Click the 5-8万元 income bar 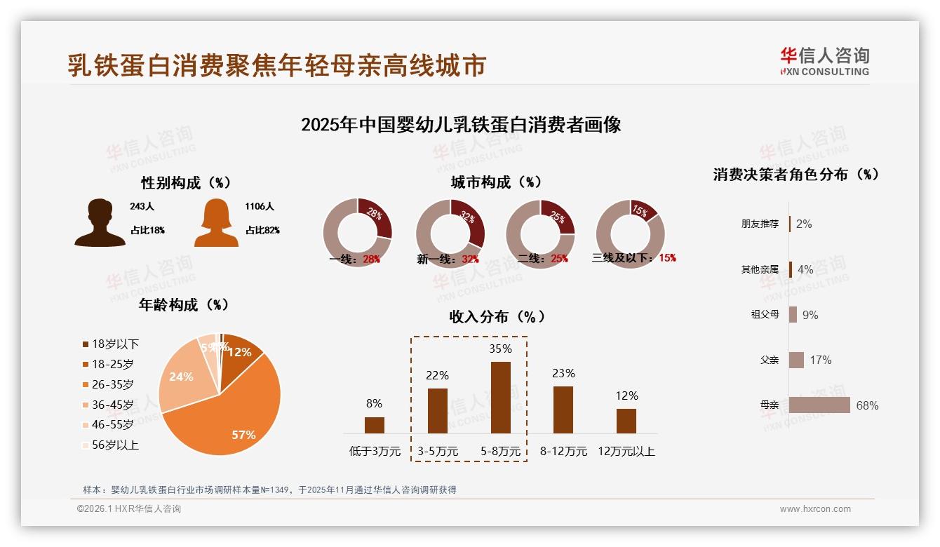pos(500,397)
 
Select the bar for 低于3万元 pos(375,425)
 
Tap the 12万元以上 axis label pos(626,451)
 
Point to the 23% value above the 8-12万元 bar pos(563,373)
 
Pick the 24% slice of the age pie pos(181,377)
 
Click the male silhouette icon pos(100,222)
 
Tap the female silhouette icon pos(216,222)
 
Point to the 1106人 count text pos(260,206)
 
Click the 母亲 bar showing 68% pos(819,405)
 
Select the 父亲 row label pos(770,360)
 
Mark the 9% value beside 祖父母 pos(810,315)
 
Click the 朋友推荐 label pos(760,224)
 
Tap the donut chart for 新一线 pos(450,233)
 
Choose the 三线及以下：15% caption pos(633,257)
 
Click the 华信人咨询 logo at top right pos(824,62)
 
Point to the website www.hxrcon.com pos(815,509)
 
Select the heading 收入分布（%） pos(497,316)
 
